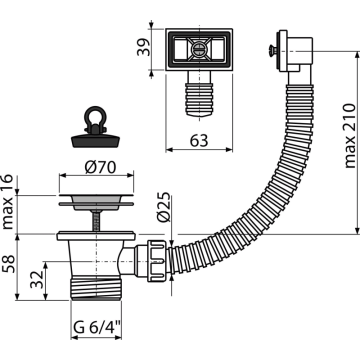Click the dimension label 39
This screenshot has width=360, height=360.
(x=143, y=47)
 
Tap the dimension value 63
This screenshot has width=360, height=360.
(x=199, y=140)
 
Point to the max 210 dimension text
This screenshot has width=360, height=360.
(x=350, y=136)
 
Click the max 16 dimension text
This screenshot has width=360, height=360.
(x=7, y=202)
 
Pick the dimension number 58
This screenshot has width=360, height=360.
(x=8, y=264)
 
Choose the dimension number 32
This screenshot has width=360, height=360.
(x=36, y=279)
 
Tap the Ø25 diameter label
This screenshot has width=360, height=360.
(x=163, y=206)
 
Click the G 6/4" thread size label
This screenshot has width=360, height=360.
(x=97, y=327)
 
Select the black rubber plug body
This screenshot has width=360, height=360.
(x=95, y=141)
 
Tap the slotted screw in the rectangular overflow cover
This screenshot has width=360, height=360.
(x=199, y=49)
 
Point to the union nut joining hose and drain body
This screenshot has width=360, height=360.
(x=156, y=261)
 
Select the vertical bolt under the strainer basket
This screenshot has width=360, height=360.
(x=96, y=221)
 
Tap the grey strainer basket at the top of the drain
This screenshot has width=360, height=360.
(x=96, y=202)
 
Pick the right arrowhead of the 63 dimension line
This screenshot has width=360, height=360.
(x=229, y=149)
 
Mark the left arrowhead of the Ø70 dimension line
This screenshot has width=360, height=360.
(x=62, y=175)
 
